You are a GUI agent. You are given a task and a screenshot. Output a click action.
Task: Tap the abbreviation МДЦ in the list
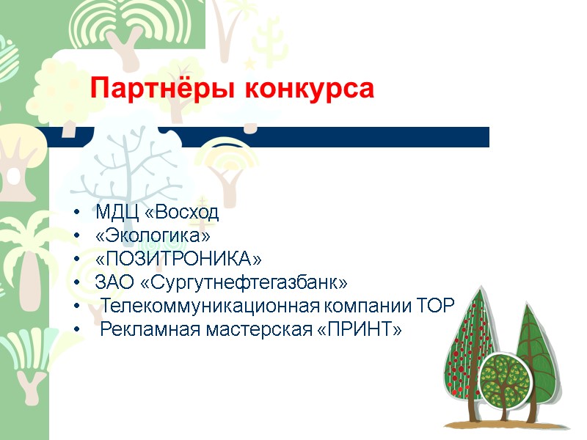coord(110,213)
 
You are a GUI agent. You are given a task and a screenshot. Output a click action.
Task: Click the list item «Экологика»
coord(153,236)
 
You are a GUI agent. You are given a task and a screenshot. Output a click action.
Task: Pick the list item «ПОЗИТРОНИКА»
coord(178,260)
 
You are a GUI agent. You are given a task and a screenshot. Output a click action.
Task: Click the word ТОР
coord(437,306)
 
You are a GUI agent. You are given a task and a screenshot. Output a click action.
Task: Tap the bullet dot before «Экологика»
coord(77,237)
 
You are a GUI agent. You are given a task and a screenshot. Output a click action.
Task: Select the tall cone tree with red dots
coord(465,345)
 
